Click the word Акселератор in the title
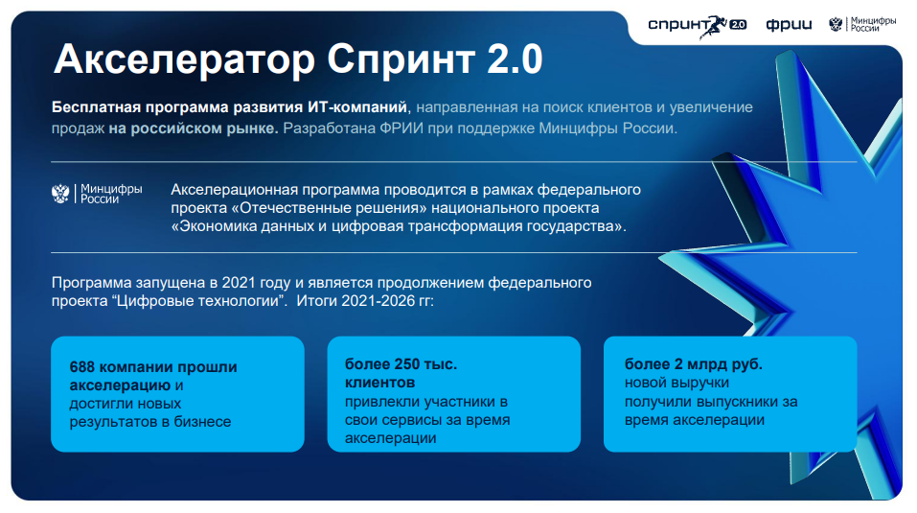(184, 59)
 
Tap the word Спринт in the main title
(401, 59)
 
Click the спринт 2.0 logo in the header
(698, 25)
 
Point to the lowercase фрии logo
(789, 25)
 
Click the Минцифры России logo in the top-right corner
(862, 24)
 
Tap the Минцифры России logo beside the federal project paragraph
(97, 194)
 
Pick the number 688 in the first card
(81, 366)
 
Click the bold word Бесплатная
(96, 107)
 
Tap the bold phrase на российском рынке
(194, 128)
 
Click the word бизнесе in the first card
(202, 421)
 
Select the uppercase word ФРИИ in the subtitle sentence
(401, 128)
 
